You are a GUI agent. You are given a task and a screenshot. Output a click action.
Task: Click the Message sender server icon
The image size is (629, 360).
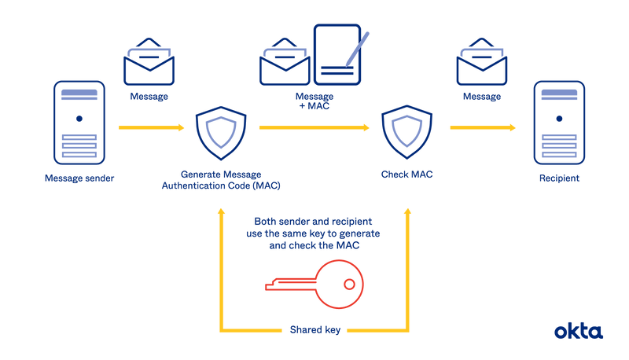point(79,121)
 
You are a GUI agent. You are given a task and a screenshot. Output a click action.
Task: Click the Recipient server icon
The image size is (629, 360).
point(558,121)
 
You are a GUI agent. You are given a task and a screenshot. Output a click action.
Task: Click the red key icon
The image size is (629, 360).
point(314,284)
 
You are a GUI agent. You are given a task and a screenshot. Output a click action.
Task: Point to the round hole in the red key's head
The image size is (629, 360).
point(349,283)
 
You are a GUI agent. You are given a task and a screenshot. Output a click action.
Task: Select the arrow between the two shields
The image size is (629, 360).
point(314,127)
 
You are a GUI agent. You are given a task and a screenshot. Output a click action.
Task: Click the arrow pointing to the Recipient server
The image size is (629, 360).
point(484,127)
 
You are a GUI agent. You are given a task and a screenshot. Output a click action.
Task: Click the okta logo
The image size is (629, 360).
point(579,331)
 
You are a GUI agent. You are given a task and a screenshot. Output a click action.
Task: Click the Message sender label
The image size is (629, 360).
point(79,178)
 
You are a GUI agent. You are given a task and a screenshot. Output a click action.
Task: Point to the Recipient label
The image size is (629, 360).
point(558,178)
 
